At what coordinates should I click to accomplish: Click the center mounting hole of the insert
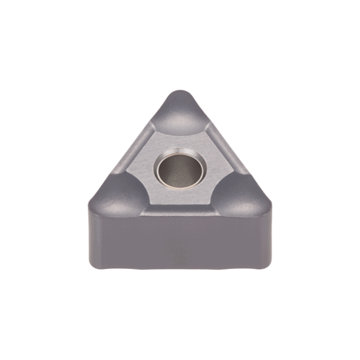click(x=179, y=170)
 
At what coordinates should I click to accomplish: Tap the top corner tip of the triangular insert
click(x=179, y=92)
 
